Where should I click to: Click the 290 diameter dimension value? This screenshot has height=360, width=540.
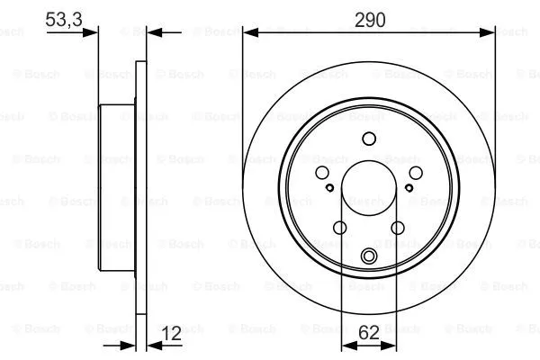click(369, 19)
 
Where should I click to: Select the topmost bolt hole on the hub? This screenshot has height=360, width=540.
click(368, 139)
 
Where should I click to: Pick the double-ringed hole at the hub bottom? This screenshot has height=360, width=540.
click(368, 257)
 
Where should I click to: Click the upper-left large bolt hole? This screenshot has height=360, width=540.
click(321, 173)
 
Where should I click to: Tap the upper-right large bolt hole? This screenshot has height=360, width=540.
click(415, 173)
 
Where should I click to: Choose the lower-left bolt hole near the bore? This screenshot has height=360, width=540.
click(339, 228)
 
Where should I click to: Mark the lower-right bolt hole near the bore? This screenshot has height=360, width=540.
click(397, 228)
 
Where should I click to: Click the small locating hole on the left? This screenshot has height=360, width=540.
click(329, 188)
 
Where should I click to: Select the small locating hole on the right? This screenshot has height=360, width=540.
click(408, 188)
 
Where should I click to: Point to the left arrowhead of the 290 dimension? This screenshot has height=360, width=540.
click(248, 32)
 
